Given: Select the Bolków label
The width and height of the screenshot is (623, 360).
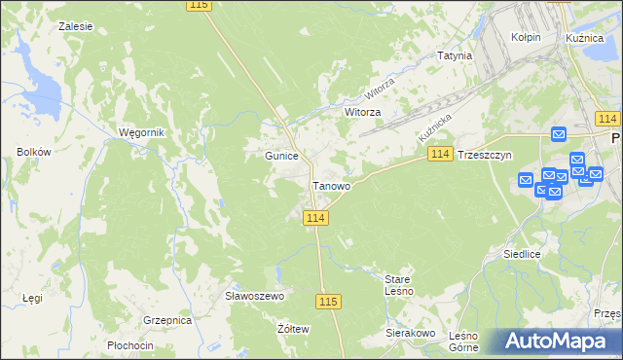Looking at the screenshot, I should [33, 152].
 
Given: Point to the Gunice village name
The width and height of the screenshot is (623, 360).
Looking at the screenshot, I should [281, 156].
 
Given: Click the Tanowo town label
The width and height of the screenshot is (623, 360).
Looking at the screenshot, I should [332, 186].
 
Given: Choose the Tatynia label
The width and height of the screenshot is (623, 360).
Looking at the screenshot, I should [455, 55].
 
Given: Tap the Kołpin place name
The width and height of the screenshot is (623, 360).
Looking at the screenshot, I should [526, 37].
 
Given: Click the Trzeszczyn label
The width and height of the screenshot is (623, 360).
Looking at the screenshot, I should [485, 156].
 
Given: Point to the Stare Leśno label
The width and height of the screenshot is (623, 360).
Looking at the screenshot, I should [399, 284].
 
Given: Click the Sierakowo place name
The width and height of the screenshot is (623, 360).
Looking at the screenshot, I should [409, 333].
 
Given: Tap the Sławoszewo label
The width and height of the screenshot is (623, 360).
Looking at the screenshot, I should [253, 296].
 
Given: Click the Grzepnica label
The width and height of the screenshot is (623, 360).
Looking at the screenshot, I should [166, 319].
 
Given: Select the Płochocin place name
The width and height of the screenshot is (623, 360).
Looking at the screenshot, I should [130, 346].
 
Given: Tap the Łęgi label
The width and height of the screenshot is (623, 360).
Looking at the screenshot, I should [33, 298].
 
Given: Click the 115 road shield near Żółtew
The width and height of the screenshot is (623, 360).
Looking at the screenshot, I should [329, 303].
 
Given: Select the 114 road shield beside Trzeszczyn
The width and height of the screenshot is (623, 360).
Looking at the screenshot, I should [440, 155].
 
